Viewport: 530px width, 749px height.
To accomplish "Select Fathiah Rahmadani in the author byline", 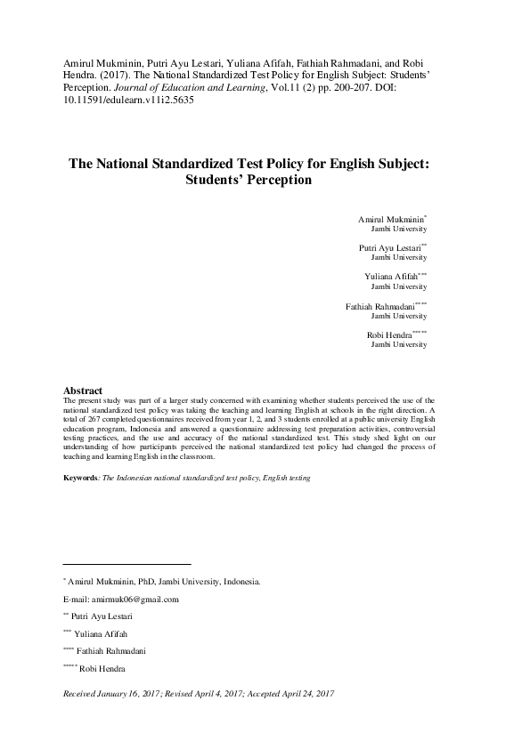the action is [x=379, y=306].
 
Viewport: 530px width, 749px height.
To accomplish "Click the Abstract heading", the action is [x=83, y=391].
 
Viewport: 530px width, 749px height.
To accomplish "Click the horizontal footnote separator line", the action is [x=126, y=564].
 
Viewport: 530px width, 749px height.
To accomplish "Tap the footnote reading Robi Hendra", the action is [x=102, y=668].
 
